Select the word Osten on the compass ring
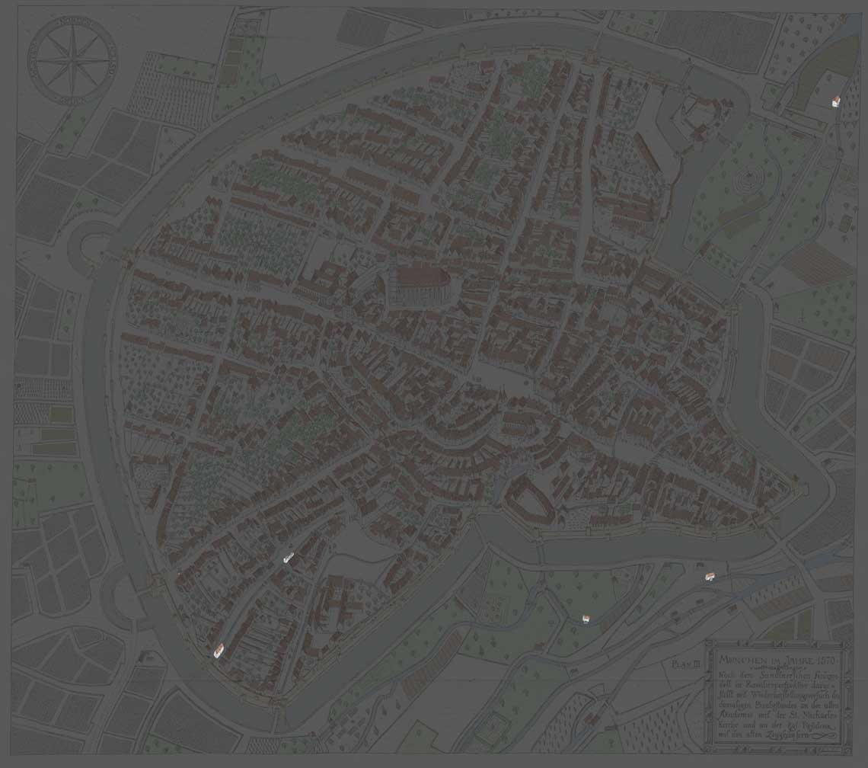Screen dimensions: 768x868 tap(111, 58)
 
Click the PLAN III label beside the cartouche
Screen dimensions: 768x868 tap(685, 664)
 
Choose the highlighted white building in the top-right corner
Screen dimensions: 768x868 tap(834, 101)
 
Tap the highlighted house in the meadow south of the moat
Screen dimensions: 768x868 tap(586, 619)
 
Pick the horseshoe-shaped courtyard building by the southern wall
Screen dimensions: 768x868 tap(530, 500)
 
